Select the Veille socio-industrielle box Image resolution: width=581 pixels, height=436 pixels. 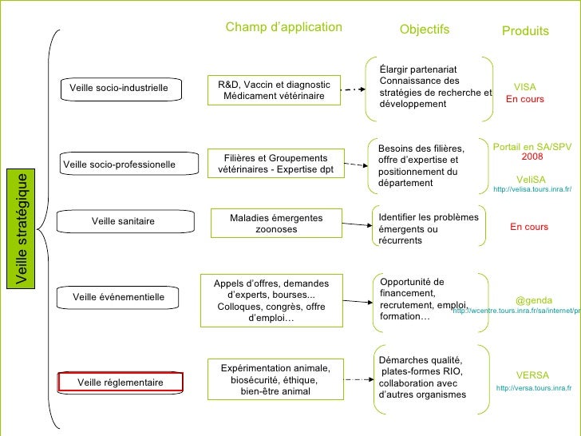click(x=119, y=88)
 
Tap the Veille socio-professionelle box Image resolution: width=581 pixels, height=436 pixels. click(x=119, y=164)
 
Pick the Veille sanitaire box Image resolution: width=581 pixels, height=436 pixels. click(x=123, y=220)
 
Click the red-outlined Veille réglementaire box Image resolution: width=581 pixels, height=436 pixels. click(x=121, y=382)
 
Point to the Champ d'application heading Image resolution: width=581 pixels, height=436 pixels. click(x=283, y=28)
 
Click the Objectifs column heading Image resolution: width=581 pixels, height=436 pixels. click(x=425, y=30)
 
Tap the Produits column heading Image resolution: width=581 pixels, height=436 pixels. click(x=525, y=31)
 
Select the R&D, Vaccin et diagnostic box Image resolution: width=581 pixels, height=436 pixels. click(x=274, y=89)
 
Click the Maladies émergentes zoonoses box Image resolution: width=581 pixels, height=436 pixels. click(x=276, y=224)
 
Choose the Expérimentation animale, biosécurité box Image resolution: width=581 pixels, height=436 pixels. click(x=275, y=380)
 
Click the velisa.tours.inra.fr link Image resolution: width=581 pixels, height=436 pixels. click(x=533, y=190)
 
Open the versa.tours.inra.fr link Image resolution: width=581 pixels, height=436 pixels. click(x=534, y=388)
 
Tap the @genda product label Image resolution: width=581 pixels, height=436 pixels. click(x=534, y=300)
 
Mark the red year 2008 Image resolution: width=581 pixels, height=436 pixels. click(x=532, y=157)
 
